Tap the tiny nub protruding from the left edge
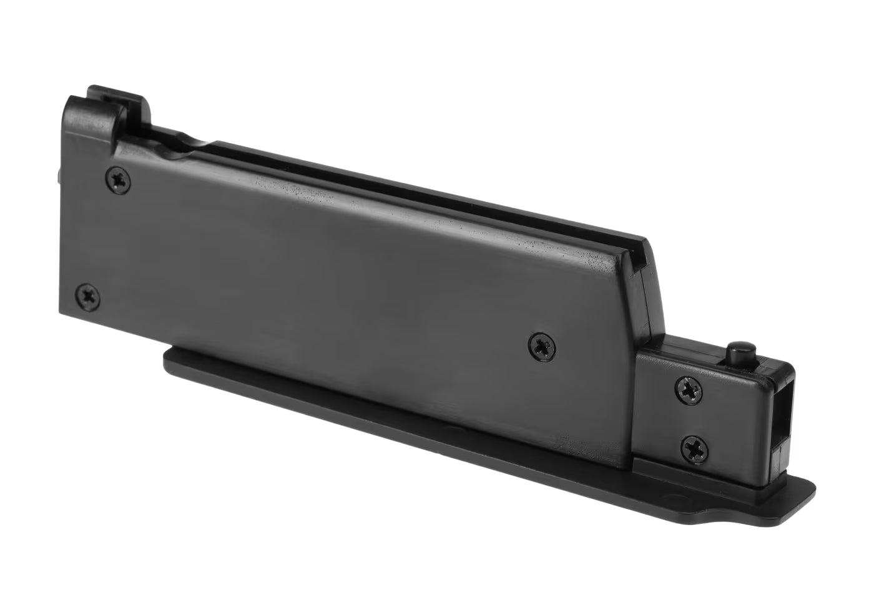(60, 178)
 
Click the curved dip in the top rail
(187, 138)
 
